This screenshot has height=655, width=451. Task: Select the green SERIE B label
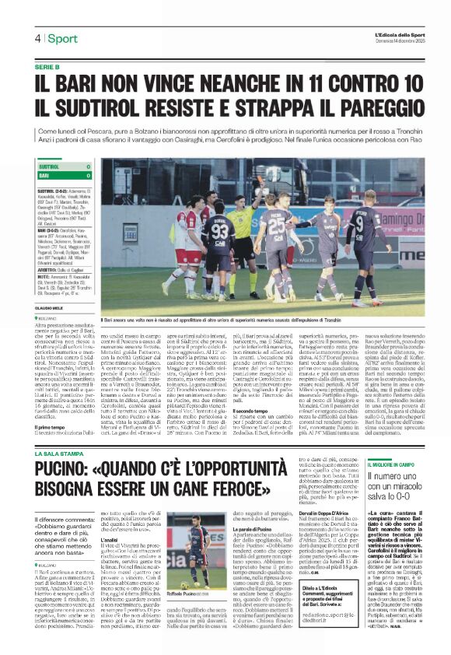point(47,67)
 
